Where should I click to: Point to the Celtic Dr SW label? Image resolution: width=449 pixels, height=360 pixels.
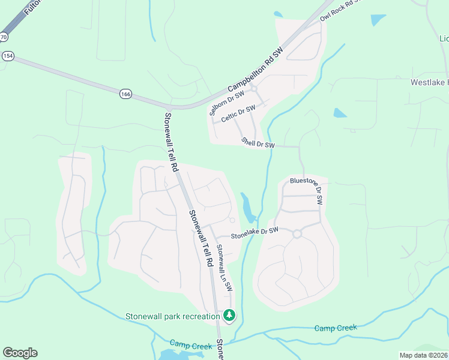(x=238, y=113)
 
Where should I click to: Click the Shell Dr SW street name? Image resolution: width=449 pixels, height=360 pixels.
(x=258, y=142)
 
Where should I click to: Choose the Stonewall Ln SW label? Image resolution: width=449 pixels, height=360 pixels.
(x=224, y=268)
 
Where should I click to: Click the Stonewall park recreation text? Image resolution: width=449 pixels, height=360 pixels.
(x=173, y=316)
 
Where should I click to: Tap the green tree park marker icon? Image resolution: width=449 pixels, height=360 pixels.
(x=229, y=314)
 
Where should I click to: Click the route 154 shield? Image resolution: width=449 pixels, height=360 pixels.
(x=7, y=56)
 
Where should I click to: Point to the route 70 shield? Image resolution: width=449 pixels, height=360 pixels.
(x=3, y=37)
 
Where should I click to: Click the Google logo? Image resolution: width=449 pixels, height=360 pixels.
(x=20, y=353)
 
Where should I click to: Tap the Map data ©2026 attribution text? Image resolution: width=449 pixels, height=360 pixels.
(x=423, y=355)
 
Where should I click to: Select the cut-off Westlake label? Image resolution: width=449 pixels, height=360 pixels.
(x=429, y=82)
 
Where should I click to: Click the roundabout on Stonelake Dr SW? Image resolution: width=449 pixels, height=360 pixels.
(x=297, y=234)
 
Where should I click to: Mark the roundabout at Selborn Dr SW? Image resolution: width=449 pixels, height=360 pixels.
(x=254, y=89)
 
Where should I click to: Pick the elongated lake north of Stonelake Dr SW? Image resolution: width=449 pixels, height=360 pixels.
(x=247, y=206)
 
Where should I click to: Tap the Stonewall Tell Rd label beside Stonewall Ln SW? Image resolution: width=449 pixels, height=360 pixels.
(x=200, y=238)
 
